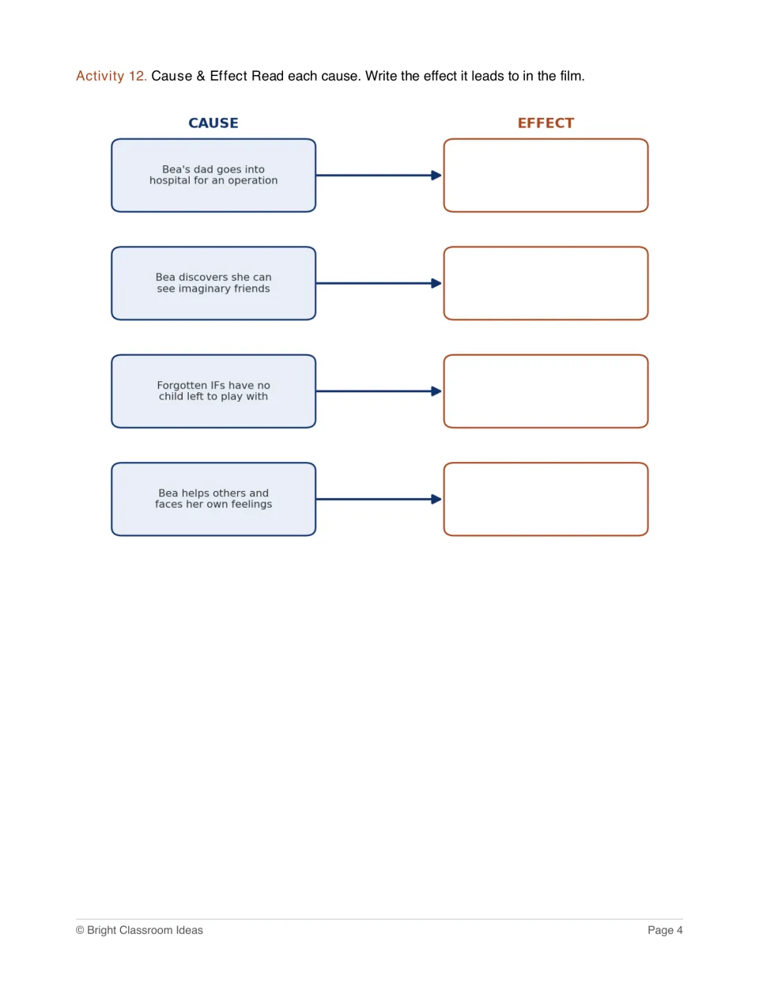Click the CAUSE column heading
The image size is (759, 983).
tap(213, 123)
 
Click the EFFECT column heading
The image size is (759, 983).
tap(546, 123)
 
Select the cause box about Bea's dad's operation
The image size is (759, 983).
tap(213, 175)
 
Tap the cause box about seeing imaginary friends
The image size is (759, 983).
tap(213, 283)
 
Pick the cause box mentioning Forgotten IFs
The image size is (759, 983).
tap(213, 391)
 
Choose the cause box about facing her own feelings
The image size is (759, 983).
tap(213, 499)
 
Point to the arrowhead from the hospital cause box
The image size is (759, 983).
tap(436, 175)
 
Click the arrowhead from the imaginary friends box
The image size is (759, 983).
tap(436, 283)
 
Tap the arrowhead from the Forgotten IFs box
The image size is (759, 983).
tap(436, 391)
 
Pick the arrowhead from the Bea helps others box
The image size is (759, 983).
tap(436, 499)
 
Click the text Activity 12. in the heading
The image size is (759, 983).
tap(111, 76)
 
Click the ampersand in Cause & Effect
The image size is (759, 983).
tap(201, 76)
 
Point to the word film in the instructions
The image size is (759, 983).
tap(572, 76)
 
